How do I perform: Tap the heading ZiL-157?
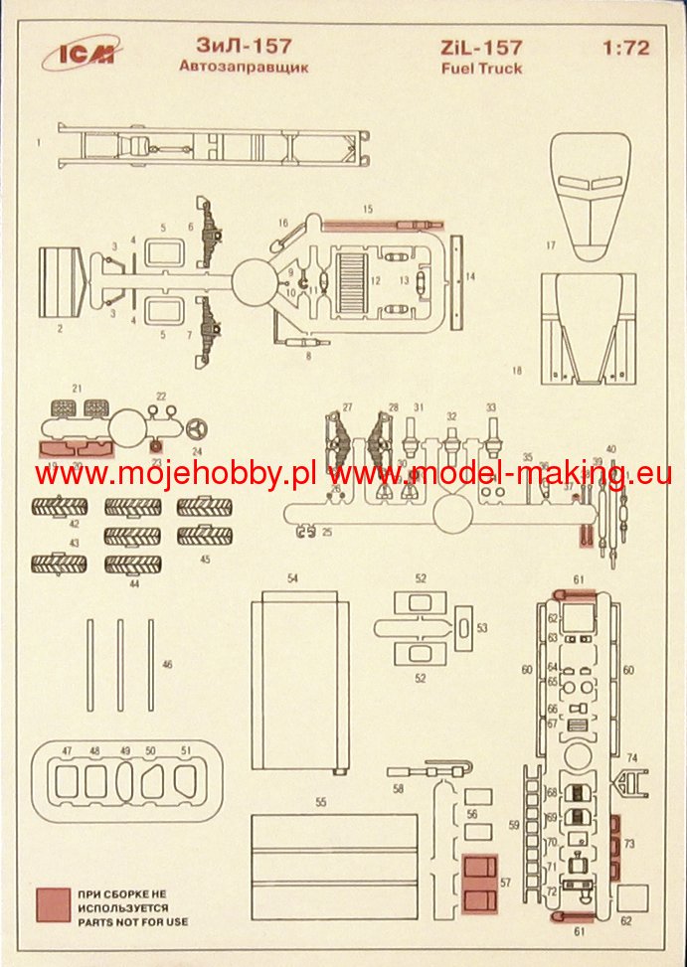coord(481,48)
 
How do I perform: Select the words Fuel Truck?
coord(481,69)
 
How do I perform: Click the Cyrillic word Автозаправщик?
coord(244,68)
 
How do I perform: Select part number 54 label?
coord(293,576)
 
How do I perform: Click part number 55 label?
coord(321,801)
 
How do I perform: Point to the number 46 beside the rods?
coord(167,664)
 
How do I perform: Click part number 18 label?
coord(516,371)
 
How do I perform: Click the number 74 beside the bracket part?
coord(631,757)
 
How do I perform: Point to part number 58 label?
coord(399,788)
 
